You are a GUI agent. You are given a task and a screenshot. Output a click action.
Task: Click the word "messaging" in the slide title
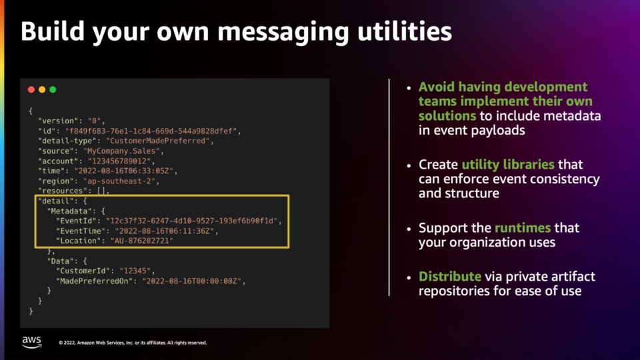coord(283,32)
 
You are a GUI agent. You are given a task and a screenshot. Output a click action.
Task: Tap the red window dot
coord(31,89)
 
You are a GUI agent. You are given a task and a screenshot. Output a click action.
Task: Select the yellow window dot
coord(42,89)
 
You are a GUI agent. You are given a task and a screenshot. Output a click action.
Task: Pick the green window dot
coord(53,89)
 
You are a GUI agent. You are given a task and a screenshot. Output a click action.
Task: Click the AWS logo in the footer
coord(32,342)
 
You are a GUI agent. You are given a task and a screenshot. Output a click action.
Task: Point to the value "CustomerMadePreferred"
coord(157,141)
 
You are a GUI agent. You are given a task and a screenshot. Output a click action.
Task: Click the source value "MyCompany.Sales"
coord(121,151)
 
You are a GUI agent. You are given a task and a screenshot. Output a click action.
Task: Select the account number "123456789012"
coord(119,161)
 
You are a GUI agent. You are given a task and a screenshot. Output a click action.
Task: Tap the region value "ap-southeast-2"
coord(119,181)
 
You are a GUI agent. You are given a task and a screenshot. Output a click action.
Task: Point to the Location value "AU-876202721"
coord(141,241)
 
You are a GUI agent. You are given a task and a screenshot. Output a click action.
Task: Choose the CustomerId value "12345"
coord(135,271)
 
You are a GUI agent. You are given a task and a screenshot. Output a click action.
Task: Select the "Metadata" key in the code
coord(69,211)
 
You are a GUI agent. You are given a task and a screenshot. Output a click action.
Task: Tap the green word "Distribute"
coord(450,276)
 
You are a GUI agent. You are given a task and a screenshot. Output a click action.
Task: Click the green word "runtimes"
coord(523,228)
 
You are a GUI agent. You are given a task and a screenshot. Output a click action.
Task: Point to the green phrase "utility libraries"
coord(508,165)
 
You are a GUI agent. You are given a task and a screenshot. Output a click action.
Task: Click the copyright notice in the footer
coord(133,343)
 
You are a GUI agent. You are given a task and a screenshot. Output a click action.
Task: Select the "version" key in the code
coord(58,121)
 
